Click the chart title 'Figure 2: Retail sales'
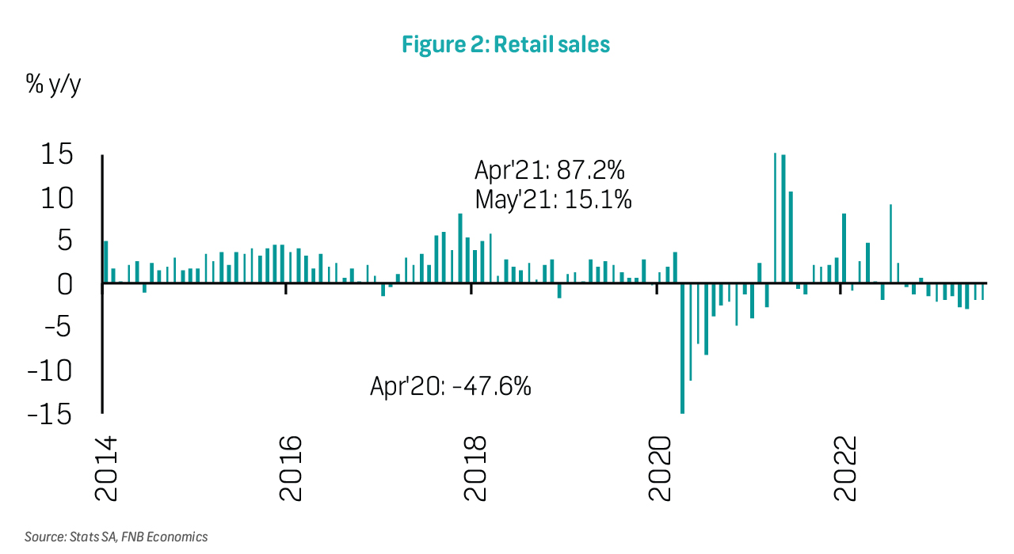(x=505, y=45)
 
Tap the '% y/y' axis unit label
(x=54, y=85)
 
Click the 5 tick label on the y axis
(x=65, y=241)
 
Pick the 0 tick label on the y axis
(x=65, y=284)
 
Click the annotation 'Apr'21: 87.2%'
(x=550, y=171)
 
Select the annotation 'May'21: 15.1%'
(x=553, y=199)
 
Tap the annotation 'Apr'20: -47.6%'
(x=450, y=387)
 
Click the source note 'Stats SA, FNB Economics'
(x=116, y=537)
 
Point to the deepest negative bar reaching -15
(x=682, y=348)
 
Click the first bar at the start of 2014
(x=106, y=262)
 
